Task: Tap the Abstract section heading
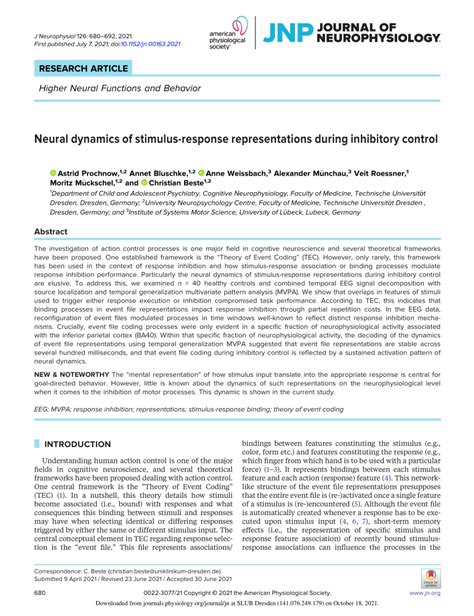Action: (x=51, y=231)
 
